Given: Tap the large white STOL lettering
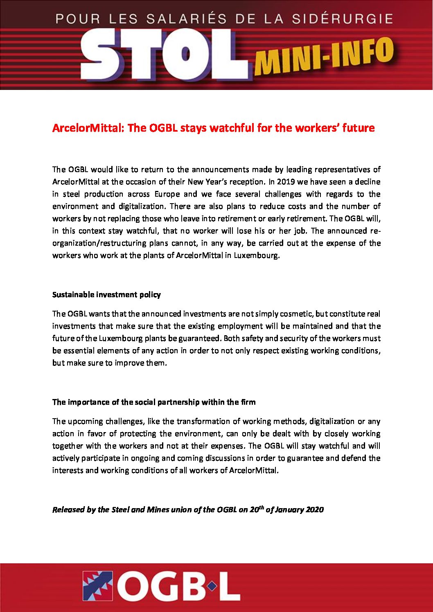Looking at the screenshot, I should click(164, 55).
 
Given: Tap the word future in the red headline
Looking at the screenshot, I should click(357, 128).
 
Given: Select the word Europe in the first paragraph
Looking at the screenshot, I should click(167, 194).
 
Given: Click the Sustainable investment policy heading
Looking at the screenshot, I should click(106, 294).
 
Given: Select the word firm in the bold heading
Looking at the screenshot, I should click(248, 402).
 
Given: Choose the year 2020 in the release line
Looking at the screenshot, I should click(314, 509).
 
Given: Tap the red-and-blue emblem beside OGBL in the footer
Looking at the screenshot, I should click(98, 586).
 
